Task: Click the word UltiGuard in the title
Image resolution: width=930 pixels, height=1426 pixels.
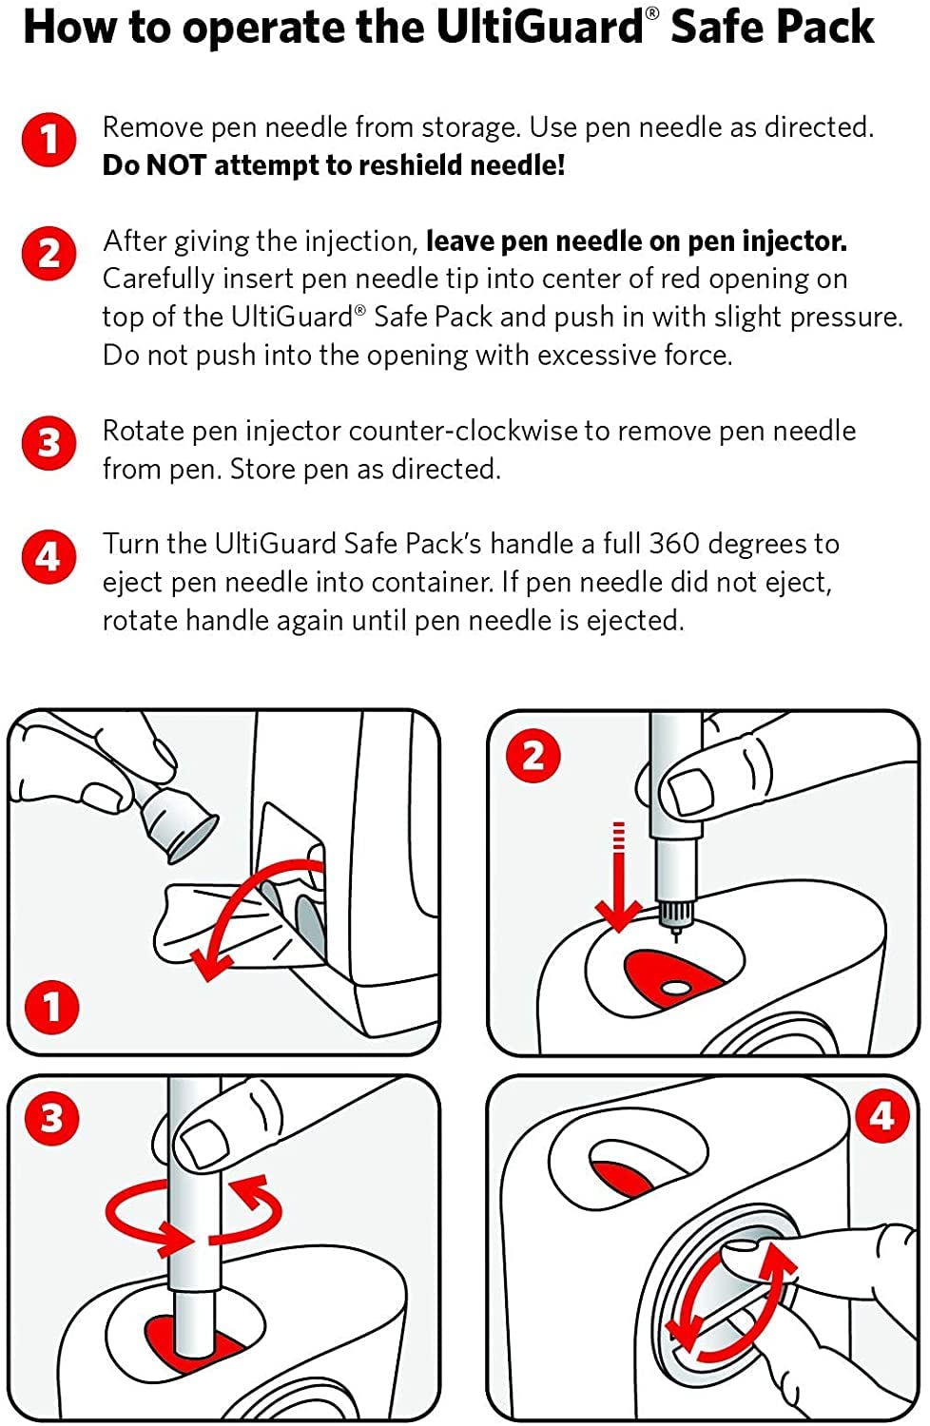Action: tap(539, 27)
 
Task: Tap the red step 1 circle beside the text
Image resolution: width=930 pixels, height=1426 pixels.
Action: tap(48, 141)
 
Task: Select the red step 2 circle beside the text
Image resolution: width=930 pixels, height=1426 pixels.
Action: tap(48, 254)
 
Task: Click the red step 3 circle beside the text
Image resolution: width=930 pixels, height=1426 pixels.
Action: tap(48, 443)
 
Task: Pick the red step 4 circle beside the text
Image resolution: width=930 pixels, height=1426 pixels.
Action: tap(48, 556)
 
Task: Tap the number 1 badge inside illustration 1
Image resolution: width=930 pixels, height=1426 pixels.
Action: tap(51, 1007)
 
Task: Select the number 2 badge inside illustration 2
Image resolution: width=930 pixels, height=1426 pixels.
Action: tap(533, 756)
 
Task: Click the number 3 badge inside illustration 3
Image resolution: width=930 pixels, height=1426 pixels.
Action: tap(51, 1118)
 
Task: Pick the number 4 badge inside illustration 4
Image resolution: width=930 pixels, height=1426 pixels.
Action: tap(882, 1114)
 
